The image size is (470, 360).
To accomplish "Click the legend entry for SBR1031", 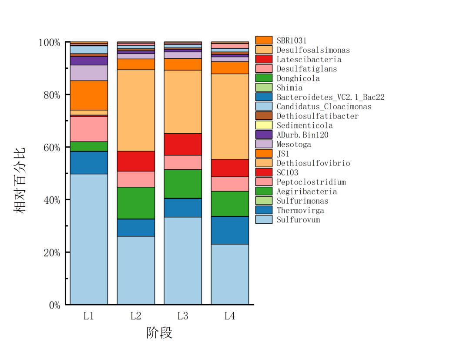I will [291, 40].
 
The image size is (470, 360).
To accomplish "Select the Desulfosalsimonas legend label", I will [313, 50].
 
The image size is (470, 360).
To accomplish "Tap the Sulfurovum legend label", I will [298, 220].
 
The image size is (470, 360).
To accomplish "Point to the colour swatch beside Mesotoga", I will [264, 144].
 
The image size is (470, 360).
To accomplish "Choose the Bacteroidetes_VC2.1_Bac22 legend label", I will [330, 97].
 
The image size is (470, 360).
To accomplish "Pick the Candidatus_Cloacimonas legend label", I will [324, 107].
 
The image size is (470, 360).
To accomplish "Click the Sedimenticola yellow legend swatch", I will [264, 125].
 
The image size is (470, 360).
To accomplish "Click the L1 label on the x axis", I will [89, 316].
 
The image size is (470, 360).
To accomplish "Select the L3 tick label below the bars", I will [183, 316].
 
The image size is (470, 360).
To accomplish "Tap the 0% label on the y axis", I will [54, 305].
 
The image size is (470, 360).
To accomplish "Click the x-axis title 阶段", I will [159, 333].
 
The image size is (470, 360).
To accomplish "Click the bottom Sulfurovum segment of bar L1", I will [89, 239].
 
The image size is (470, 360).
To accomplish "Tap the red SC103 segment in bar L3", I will [183, 144].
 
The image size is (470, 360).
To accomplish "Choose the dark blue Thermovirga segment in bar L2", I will [136, 228].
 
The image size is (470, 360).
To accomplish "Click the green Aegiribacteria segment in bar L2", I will [136, 203].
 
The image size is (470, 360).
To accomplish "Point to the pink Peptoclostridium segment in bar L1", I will [89, 129].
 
